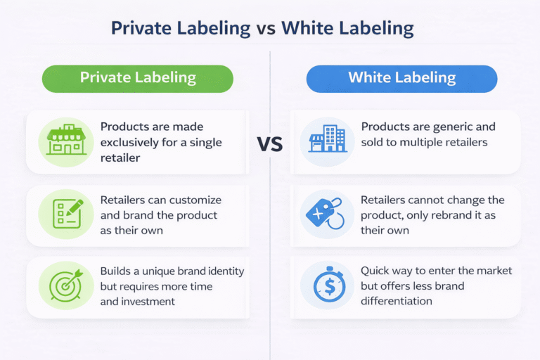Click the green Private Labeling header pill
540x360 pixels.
click(138, 78)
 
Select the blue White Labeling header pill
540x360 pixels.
click(401, 78)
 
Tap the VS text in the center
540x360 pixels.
click(269, 145)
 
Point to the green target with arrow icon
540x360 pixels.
click(65, 285)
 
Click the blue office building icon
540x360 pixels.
click(327, 139)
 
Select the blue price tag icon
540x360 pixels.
click(328, 213)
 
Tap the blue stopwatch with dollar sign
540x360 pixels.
click(328, 286)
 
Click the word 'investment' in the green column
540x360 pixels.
click(147, 301)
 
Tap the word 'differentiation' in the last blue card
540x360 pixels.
click(397, 301)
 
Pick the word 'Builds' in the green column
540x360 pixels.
click(117, 271)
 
